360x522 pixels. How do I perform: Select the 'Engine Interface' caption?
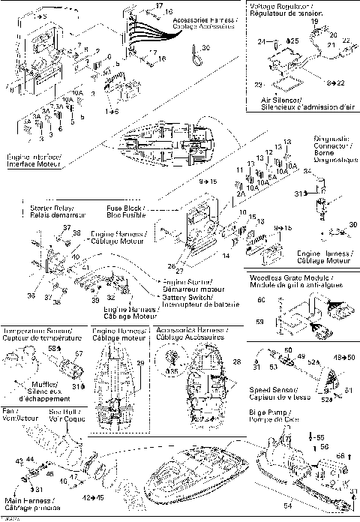tap(34, 160)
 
